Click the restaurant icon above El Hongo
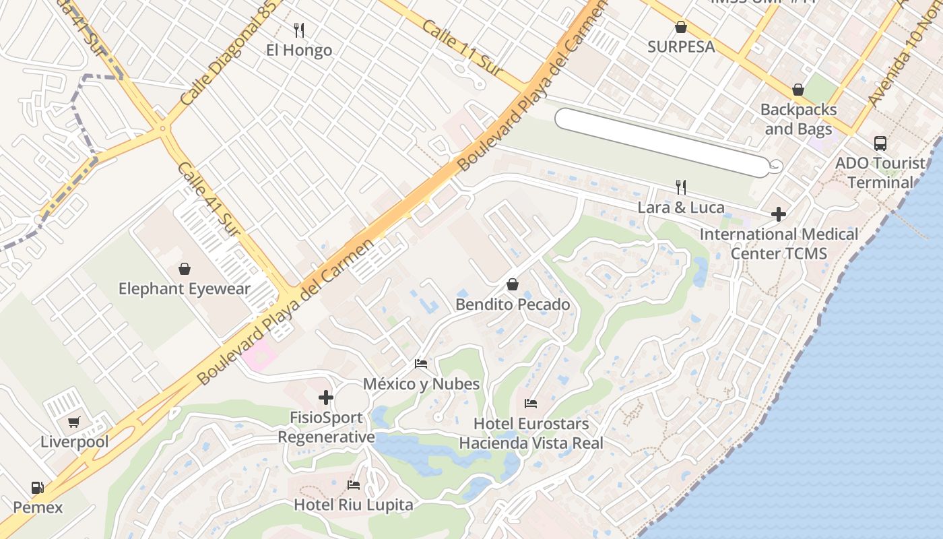[300, 30]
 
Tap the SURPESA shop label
[681, 46]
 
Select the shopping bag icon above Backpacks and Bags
[798, 90]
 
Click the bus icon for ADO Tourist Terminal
[880, 143]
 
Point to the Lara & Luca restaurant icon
[681, 187]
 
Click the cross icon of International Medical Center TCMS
[779, 214]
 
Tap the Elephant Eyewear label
[185, 289]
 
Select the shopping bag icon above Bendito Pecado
[513, 284]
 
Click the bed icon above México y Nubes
[421, 364]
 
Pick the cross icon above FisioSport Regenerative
[326, 398]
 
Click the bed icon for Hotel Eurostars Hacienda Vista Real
[531, 404]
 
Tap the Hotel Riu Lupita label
[354, 504]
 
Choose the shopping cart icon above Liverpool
[73, 422]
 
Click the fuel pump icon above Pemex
[38, 488]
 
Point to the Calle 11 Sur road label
[459, 45]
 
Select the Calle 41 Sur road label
[209, 199]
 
